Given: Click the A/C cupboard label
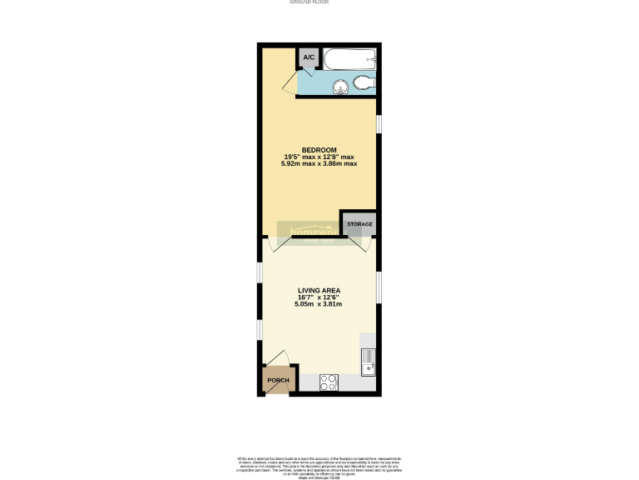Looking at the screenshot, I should [x=309, y=57].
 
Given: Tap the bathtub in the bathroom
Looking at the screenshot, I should [x=349, y=59].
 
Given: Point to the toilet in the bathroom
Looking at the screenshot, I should [x=363, y=82].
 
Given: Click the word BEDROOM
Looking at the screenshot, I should [x=319, y=150].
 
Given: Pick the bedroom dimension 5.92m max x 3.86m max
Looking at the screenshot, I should [x=319, y=163].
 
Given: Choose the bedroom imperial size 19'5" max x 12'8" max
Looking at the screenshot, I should [x=319, y=157].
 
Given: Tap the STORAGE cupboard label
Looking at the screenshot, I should [x=359, y=224].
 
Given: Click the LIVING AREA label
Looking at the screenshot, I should [x=319, y=291].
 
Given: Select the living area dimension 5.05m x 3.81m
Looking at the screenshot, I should [x=319, y=304].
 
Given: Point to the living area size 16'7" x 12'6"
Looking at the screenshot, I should [x=319, y=297].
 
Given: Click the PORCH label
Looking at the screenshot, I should [x=278, y=381].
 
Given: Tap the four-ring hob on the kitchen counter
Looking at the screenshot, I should [x=329, y=383].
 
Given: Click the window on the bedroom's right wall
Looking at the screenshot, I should [x=379, y=123].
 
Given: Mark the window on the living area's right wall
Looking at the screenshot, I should [x=379, y=287].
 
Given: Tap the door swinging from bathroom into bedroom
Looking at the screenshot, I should [x=290, y=83].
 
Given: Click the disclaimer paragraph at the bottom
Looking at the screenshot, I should [x=319, y=464].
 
